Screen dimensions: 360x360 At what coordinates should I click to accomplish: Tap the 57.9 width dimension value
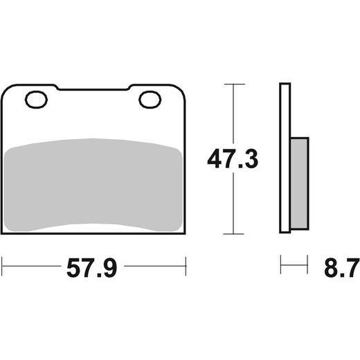(92, 268)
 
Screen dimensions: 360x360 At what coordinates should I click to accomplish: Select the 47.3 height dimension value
(233, 159)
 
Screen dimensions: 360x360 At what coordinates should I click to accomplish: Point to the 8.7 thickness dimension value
(342, 268)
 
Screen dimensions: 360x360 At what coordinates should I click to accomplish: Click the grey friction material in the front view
(93, 185)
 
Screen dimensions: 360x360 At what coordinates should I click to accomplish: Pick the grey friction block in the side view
(299, 183)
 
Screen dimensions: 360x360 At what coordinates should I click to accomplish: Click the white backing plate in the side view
(285, 158)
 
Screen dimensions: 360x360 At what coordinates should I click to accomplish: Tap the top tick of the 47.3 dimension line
(235, 84)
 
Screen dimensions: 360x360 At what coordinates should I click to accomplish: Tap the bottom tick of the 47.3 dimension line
(233, 234)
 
